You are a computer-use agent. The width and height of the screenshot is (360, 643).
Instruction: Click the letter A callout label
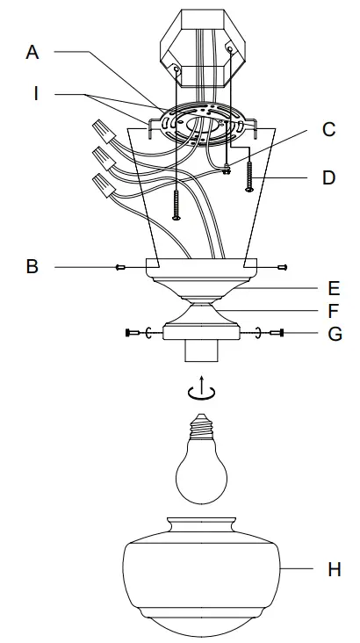coord(32,52)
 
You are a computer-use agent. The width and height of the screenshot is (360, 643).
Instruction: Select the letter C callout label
coord(328,130)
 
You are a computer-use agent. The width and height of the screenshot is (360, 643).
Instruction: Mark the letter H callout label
coord(334,569)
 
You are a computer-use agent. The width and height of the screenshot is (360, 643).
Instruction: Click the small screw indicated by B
coord(120,266)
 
